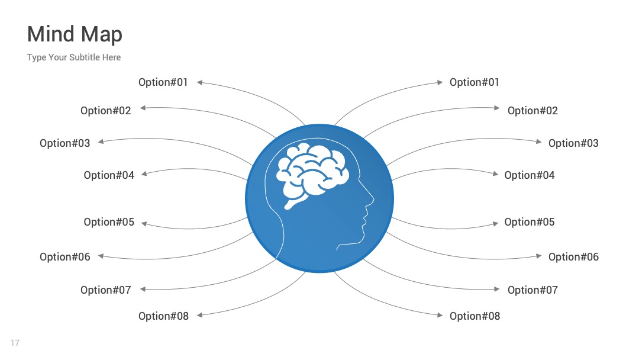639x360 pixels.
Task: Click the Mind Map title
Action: point(75,34)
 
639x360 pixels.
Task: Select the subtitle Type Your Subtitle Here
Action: point(74,57)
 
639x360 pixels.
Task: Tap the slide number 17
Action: point(15,343)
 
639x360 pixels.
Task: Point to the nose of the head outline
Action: point(372,199)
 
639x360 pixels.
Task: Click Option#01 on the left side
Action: point(163,82)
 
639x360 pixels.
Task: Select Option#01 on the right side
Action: point(475,82)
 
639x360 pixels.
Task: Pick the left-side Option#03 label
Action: point(65,143)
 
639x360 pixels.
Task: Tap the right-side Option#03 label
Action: point(573,143)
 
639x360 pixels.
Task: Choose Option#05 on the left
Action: point(109,222)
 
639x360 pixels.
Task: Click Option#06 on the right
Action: point(573,257)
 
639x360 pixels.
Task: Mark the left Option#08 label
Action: point(163,316)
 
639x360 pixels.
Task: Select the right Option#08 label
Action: point(475,316)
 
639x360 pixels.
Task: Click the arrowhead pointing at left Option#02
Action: point(143,108)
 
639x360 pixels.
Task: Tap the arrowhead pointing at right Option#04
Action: point(496,174)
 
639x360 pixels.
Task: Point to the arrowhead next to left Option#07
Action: point(143,289)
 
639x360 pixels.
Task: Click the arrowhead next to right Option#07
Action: point(497,289)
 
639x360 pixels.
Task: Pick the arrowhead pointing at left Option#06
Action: point(101,256)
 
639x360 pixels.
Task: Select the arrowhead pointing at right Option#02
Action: point(497,108)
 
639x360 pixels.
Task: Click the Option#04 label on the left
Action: point(109,175)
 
